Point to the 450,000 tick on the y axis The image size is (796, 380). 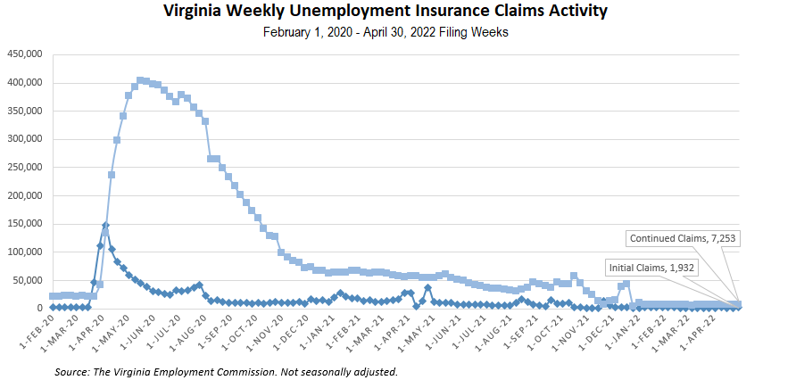click(26, 54)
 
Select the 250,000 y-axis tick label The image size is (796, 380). click(26, 167)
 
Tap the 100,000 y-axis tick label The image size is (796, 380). click(26, 252)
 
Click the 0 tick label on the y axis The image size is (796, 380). click(39, 308)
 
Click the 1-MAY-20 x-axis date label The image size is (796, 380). click(120, 333)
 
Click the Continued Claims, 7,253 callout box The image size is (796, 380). click(684, 238)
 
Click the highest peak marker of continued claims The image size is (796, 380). click(141, 80)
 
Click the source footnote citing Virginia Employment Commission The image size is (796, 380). click(226, 370)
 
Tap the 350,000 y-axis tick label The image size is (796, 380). click(26, 111)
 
